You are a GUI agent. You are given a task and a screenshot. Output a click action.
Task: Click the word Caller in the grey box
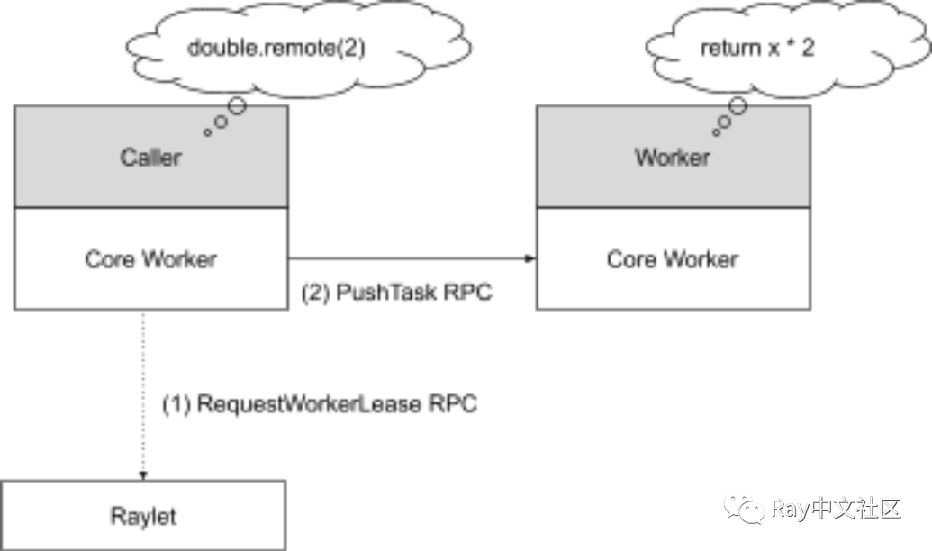click(150, 158)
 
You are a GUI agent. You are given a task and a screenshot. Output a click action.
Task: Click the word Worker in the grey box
click(672, 158)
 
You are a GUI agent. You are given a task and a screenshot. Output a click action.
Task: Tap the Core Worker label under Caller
click(150, 259)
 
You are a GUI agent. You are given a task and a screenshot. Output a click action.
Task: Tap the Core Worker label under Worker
click(673, 259)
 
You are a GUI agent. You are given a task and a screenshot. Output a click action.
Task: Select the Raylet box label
click(142, 517)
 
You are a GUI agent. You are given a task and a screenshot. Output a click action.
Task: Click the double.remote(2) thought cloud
click(274, 50)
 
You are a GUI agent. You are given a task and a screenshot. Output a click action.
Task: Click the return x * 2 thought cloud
click(757, 50)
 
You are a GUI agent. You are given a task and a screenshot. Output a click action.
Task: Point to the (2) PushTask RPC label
click(396, 293)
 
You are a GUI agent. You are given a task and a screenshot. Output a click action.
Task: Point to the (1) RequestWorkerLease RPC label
click(319, 405)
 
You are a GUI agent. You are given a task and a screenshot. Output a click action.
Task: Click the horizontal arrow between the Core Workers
click(410, 259)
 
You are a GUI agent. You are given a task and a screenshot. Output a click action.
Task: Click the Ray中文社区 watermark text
click(835, 509)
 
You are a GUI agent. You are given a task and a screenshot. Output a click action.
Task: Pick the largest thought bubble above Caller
click(236, 105)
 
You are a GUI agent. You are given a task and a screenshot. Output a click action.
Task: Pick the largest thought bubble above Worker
click(737, 105)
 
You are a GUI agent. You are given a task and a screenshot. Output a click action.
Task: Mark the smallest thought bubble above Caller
click(207, 132)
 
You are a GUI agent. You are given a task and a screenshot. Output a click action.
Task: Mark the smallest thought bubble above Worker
click(716, 132)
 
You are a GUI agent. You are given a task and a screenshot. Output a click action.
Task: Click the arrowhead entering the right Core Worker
click(530, 259)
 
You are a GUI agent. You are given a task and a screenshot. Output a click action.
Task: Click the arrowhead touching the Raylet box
click(142, 474)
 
